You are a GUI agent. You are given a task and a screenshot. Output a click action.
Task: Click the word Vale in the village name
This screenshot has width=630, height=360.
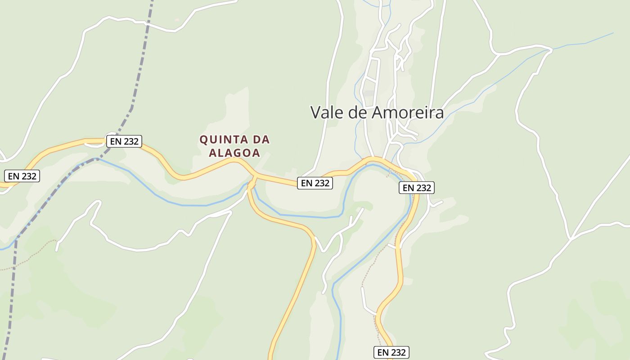328,112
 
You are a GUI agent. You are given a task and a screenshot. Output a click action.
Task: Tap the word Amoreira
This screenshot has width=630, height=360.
407,112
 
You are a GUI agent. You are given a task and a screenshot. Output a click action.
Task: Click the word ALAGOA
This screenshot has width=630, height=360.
234,153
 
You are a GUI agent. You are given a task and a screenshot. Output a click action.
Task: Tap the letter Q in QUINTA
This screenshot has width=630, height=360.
203,139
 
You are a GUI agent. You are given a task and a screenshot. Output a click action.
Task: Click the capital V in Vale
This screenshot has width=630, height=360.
316,112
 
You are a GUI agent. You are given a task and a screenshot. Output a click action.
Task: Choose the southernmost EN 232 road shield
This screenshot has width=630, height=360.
391,352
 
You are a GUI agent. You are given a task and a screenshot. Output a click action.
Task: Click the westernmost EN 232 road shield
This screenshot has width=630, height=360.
22,176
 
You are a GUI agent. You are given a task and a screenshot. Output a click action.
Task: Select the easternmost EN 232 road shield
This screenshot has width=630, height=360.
416,188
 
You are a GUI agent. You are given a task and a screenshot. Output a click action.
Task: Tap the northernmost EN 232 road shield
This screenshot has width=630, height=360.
124,141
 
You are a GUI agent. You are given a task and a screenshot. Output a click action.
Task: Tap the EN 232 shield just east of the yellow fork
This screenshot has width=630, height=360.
315,183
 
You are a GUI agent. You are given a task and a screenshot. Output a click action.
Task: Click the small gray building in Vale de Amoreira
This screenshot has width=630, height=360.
369,93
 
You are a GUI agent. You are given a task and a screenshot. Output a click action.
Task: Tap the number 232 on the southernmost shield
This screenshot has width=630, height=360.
399,352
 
